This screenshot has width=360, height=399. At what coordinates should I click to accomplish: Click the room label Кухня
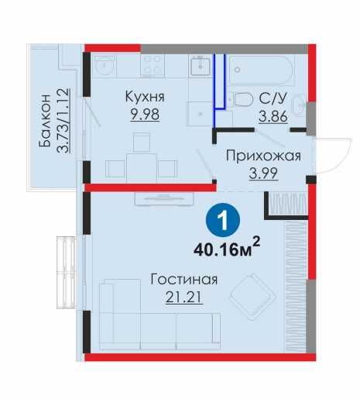click(145, 98)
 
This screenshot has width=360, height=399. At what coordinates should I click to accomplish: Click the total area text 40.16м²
click(225, 249)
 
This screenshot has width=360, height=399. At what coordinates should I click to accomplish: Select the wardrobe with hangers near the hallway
click(287, 205)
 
